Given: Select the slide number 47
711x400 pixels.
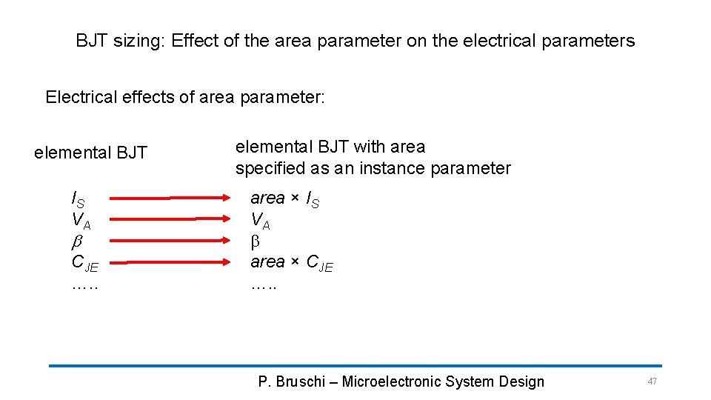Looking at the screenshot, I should tap(652, 381).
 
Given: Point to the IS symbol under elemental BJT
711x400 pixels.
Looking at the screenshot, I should tap(78, 199).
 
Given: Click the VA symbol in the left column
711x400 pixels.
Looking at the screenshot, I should tap(80, 220).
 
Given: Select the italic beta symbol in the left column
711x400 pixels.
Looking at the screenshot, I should tap(76, 241).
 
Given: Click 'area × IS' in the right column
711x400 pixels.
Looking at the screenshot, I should tap(285, 199).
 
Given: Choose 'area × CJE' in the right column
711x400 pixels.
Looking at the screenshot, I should tap(292, 262).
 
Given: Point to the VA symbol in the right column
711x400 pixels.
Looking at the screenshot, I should tap(260, 220).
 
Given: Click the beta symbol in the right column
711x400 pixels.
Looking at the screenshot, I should tap(256, 241).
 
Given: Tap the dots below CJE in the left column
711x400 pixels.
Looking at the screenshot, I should tap(84, 284).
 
